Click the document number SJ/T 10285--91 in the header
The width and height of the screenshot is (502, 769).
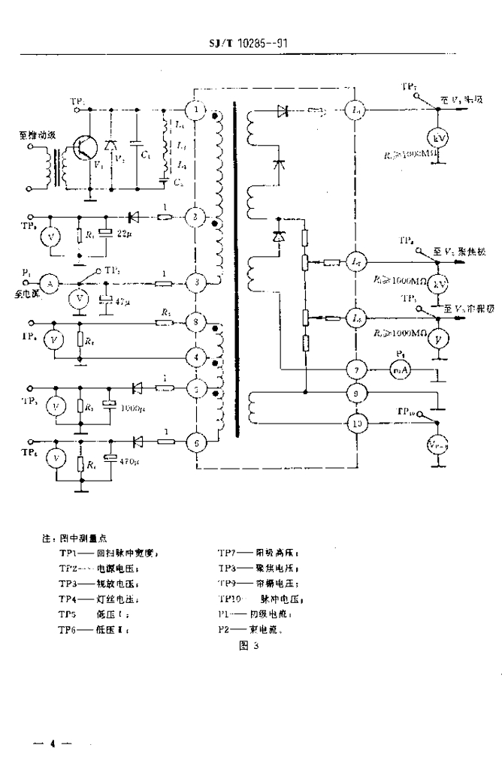click(249, 43)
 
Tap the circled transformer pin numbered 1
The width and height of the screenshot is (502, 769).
click(195, 110)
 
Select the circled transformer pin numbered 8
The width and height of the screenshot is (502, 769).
click(195, 322)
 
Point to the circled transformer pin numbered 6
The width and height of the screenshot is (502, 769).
click(195, 443)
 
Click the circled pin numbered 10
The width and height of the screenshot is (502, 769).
click(355, 424)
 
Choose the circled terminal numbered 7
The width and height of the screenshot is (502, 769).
click(355, 369)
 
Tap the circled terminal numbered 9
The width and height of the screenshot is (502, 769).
click(355, 392)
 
